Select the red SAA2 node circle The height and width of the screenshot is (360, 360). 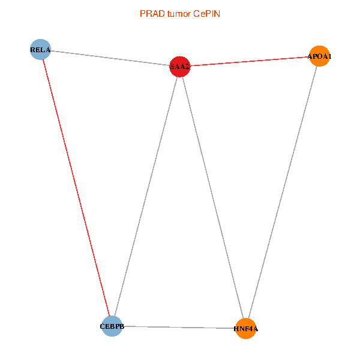pos(180,67)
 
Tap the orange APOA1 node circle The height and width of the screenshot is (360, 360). pos(319,56)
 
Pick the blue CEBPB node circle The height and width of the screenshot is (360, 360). pos(112,326)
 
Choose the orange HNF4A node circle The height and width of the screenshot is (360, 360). pos(246,328)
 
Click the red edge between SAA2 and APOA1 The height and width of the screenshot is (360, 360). pos(250,61)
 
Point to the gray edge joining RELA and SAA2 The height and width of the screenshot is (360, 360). pos(110,58)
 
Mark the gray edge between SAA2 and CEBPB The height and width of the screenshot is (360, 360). pos(146,196)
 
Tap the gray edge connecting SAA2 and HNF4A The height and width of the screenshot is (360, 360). pos(213,197)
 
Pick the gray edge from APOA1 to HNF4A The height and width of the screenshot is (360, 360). pos(283,192)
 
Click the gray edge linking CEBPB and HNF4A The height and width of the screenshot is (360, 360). pos(179,327)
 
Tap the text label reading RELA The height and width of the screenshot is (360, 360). pos(40,49)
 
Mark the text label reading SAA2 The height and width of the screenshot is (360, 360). pos(180,67)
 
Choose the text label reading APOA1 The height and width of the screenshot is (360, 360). pos(320,56)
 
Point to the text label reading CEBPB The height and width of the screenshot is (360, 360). pos(112,326)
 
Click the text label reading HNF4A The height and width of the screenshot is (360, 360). pos(245,329)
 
